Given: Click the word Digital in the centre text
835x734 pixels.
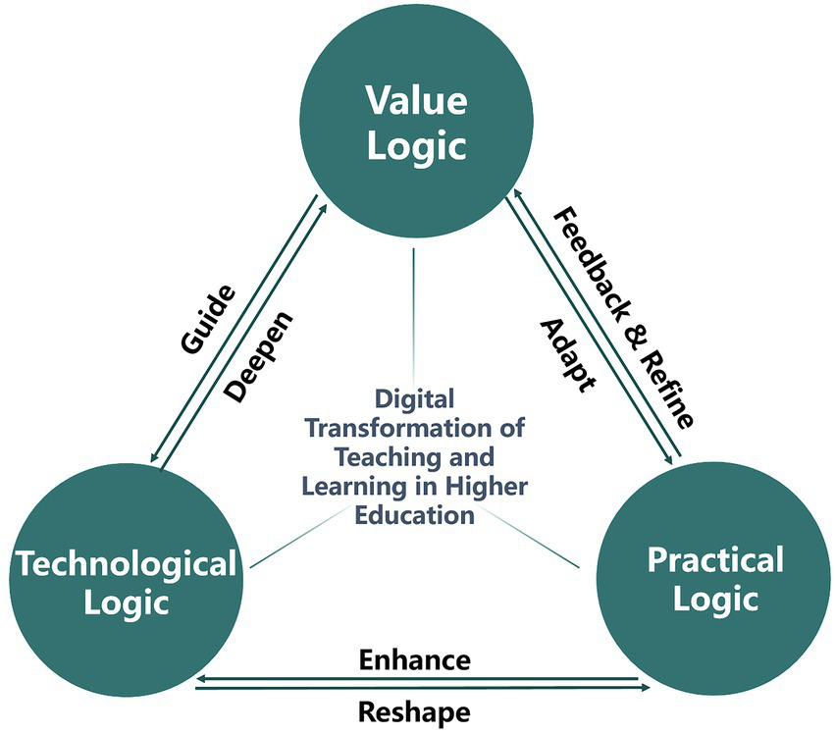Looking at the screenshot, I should (x=415, y=399).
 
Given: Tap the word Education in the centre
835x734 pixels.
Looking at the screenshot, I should (x=414, y=514).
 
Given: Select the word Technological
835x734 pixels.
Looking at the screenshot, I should (x=125, y=564).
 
